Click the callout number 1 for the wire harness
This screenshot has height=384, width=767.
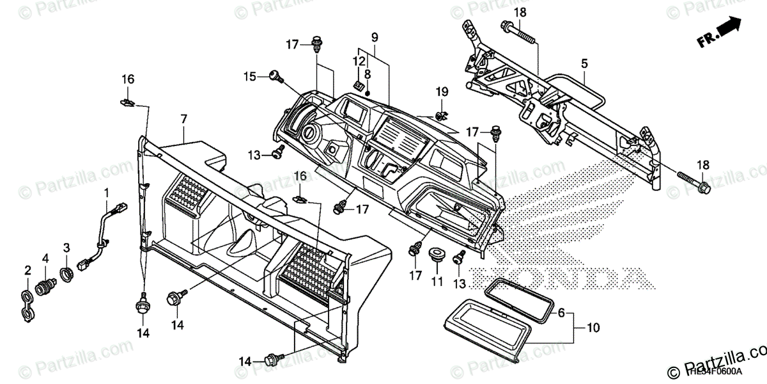click(x=107, y=192)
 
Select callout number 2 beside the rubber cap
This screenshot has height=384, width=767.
click(x=27, y=271)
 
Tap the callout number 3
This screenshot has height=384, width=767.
click(x=66, y=248)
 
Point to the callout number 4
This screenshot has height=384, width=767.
click(x=45, y=258)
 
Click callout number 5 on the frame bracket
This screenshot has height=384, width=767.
click(x=584, y=63)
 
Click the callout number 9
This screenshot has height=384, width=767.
click(x=374, y=36)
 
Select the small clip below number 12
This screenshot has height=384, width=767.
click(x=359, y=84)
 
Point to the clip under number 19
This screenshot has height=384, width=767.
click(x=440, y=116)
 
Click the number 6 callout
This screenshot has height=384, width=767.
click(x=562, y=314)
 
